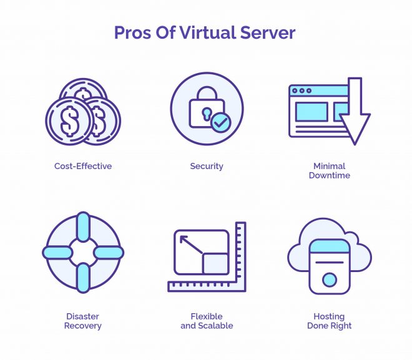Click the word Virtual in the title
pyautogui.click(x=208, y=32)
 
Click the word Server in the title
pyautogui.click(x=268, y=33)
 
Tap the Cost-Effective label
pyautogui.click(x=83, y=166)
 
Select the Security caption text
pyautogui.click(x=207, y=167)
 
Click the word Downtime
pyautogui.click(x=330, y=175)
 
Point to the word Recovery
pyautogui.click(x=83, y=326)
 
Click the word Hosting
pyautogui.click(x=329, y=317)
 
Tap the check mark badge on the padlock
pyautogui.click(x=221, y=122)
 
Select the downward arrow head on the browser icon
pyautogui.click(x=355, y=129)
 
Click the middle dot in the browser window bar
pyautogui.click(x=302, y=90)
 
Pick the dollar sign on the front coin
pyautogui.click(x=69, y=121)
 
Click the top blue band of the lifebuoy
pyautogui.click(x=83, y=226)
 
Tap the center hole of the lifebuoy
pyautogui.click(x=83, y=252)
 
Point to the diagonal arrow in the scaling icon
pyautogui.click(x=191, y=245)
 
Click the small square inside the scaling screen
pyautogui.click(x=215, y=264)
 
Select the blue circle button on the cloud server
pyautogui.click(x=330, y=280)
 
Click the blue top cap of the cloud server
pyautogui.click(x=330, y=246)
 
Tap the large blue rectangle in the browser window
pyautogui.click(x=311, y=112)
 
